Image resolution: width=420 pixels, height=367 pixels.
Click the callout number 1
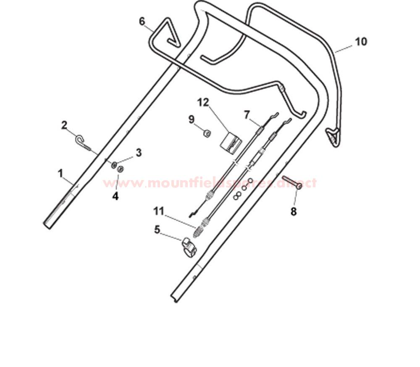[61, 173]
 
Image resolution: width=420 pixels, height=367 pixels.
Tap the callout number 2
[64, 125]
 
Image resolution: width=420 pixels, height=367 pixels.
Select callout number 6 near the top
[142, 21]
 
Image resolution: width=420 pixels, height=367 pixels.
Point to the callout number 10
[361, 42]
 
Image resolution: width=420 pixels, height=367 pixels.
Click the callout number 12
[203, 103]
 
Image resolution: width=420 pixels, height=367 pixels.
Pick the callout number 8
[294, 212]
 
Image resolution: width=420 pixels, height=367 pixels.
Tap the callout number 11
[159, 211]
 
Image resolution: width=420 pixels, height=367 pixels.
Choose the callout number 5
[157, 230]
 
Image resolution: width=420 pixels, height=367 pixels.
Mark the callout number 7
[247, 115]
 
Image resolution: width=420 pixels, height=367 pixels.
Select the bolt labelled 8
[292, 182]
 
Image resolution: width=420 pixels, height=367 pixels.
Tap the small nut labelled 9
[206, 133]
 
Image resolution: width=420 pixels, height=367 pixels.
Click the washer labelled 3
[114, 165]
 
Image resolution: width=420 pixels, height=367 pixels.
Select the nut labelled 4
[121, 169]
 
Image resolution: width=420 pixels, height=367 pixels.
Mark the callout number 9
[191, 120]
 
